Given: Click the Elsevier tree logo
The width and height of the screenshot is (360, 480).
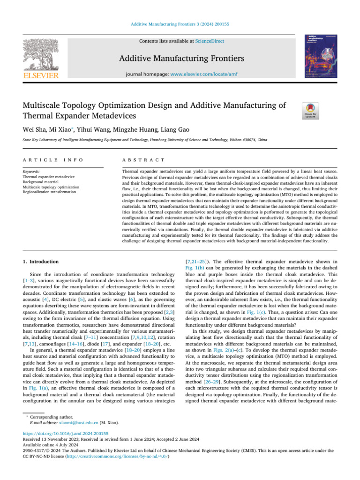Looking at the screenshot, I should [x=40, y=55].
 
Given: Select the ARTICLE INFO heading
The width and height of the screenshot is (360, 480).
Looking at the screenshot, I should [x=52, y=160].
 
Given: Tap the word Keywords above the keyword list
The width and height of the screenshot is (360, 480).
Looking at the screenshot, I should [x=30, y=172].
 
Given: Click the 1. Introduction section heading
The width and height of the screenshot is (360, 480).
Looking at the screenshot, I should [x=41, y=262].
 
